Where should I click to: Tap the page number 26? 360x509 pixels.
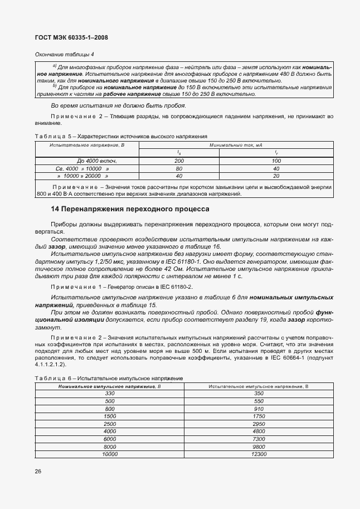coord(37,471)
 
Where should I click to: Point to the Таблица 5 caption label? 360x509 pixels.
coord(50,136)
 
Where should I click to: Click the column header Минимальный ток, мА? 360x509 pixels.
coord(236,144)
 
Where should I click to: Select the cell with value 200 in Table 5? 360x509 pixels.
coord(179,161)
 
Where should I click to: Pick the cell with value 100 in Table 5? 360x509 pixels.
coord(276,161)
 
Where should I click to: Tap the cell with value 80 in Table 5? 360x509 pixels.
coord(179,168)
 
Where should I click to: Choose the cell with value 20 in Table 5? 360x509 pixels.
coord(276,175)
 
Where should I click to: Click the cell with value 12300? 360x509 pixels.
coord(258,454)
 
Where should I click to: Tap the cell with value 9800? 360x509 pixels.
coord(258,447)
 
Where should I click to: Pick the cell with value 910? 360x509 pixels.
coord(258,409)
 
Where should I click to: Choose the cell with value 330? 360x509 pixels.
coord(110,394)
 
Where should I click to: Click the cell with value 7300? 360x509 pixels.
coord(258,439)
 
